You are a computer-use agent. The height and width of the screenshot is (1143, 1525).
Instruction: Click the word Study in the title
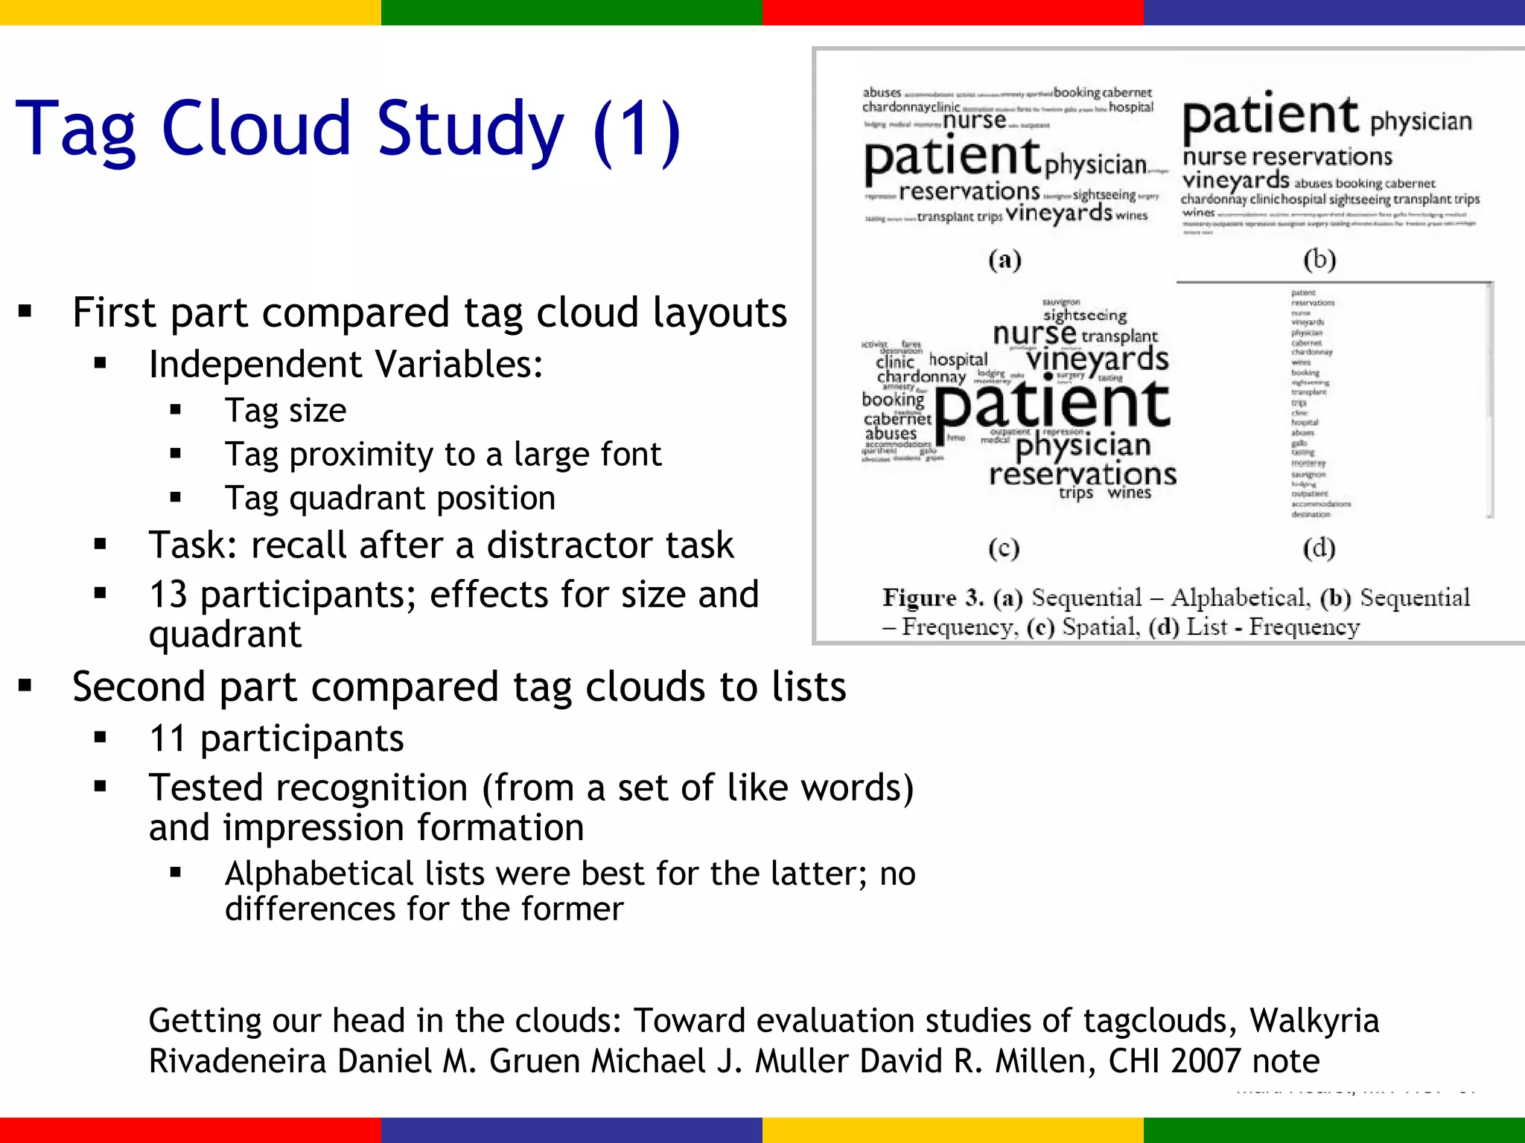point(471,129)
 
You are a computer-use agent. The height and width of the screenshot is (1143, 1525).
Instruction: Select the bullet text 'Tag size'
point(286,411)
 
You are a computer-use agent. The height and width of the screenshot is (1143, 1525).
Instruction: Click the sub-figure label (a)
point(1005,260)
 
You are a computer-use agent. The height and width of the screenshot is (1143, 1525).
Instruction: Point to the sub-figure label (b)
point(1319,260)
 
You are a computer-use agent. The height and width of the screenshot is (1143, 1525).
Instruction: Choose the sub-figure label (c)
point(1004,548)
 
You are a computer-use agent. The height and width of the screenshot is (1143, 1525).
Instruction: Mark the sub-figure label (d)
point(1319,548)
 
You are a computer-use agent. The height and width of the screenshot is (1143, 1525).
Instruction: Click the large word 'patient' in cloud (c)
point(1053,406)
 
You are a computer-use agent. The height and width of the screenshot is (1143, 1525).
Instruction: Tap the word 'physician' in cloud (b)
point(1421,121)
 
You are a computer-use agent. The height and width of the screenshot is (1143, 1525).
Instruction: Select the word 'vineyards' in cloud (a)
point(1059,214)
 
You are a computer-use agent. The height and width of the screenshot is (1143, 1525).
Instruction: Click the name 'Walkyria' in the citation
point(1314,1021)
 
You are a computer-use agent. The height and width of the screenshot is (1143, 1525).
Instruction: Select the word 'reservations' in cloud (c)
point(1083,474)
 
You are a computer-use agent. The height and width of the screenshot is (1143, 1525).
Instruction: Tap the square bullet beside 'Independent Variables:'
point(101,365)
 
